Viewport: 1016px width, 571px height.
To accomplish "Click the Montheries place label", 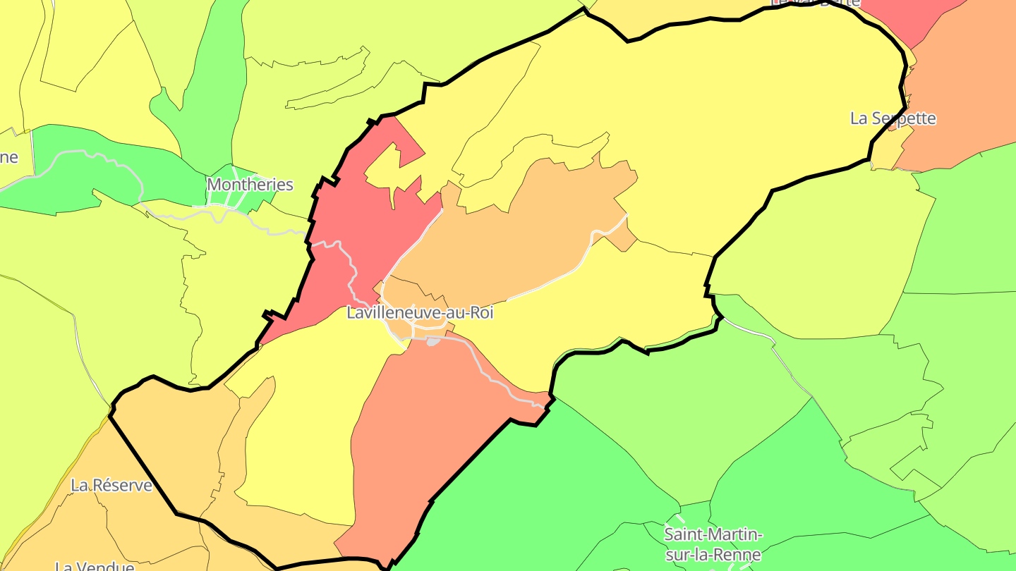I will [x=250, y=185].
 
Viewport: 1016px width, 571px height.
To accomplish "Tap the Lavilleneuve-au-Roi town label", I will [x=420, y=313].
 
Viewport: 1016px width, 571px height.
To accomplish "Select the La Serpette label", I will [x=893, y=118].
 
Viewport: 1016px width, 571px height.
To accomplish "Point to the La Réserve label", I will [x=111, y=485].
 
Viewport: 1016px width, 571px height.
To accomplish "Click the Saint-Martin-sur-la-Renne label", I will [x=713, y=544].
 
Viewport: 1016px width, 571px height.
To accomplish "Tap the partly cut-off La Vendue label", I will [x=95, y=566].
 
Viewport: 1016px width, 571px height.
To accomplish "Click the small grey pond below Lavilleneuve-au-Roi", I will [x=433, y=342].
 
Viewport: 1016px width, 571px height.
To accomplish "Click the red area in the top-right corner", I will [x=910, y=18].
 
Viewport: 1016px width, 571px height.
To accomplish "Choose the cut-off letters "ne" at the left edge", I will [x=8, y=157].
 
